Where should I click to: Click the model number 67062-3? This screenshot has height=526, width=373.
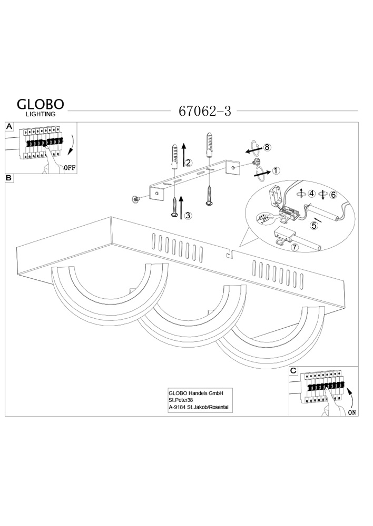tap(205, 111)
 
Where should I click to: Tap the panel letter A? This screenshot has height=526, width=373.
tap(9, 127)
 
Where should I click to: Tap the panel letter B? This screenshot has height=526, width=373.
tap(9, 178)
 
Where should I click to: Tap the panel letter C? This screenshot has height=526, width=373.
tap(294, 371)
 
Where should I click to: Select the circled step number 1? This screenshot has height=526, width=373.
tap(277, 170)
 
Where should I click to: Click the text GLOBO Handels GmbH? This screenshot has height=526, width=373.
tap(196, 392)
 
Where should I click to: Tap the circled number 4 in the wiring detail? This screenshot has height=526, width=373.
tap(312, 194)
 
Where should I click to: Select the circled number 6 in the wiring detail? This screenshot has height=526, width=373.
tap(332, 194)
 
